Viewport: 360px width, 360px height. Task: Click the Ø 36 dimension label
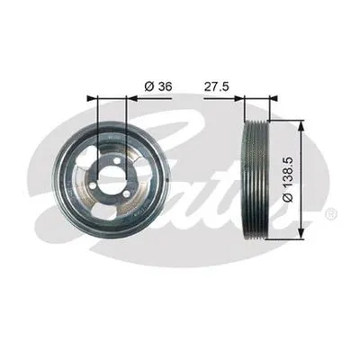[157, 86]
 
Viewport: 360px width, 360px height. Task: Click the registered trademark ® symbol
[330, 213]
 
